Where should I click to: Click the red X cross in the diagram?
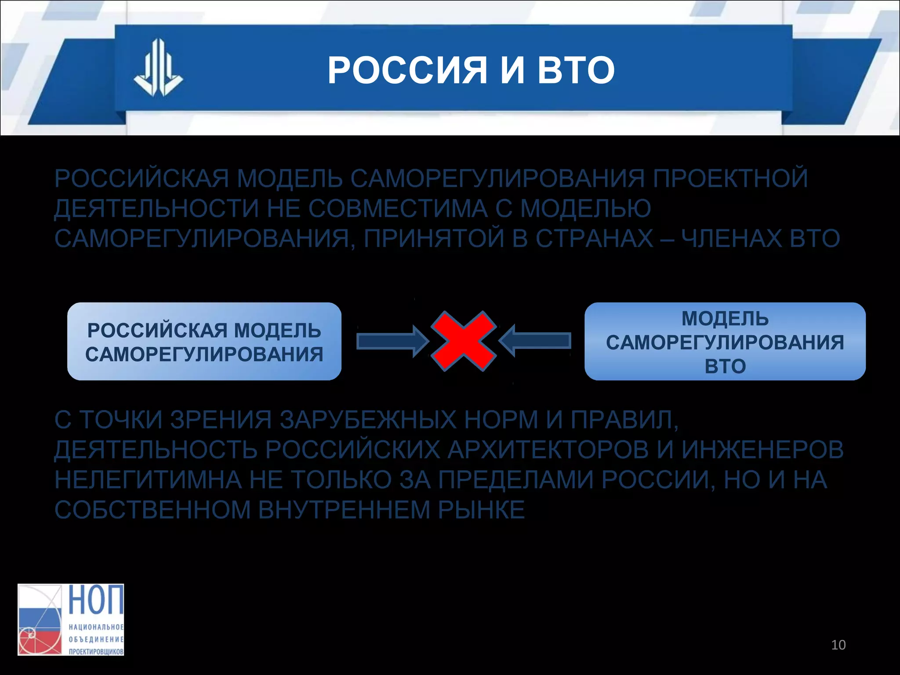[x=463, y=341]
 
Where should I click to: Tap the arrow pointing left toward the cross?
[x=536, y=341]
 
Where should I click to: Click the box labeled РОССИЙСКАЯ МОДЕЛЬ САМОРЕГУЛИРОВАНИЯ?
[x=204, y=341]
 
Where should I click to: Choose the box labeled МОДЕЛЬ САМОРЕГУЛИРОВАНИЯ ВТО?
[x=725, y=341]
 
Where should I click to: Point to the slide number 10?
[x=838, y=645]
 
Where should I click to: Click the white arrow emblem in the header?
[x=158, y=68]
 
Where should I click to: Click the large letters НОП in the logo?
[x=96, y=600]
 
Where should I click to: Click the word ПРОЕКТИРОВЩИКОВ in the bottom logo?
[x=96, y=651]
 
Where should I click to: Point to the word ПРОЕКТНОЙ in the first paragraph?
[x=730, y=178]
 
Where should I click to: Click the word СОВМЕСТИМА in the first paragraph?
[x=398, y=208]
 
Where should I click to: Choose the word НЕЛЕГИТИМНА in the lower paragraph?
[x=148, y=479]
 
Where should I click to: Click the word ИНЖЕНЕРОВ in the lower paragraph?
[x=762, y=450]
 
